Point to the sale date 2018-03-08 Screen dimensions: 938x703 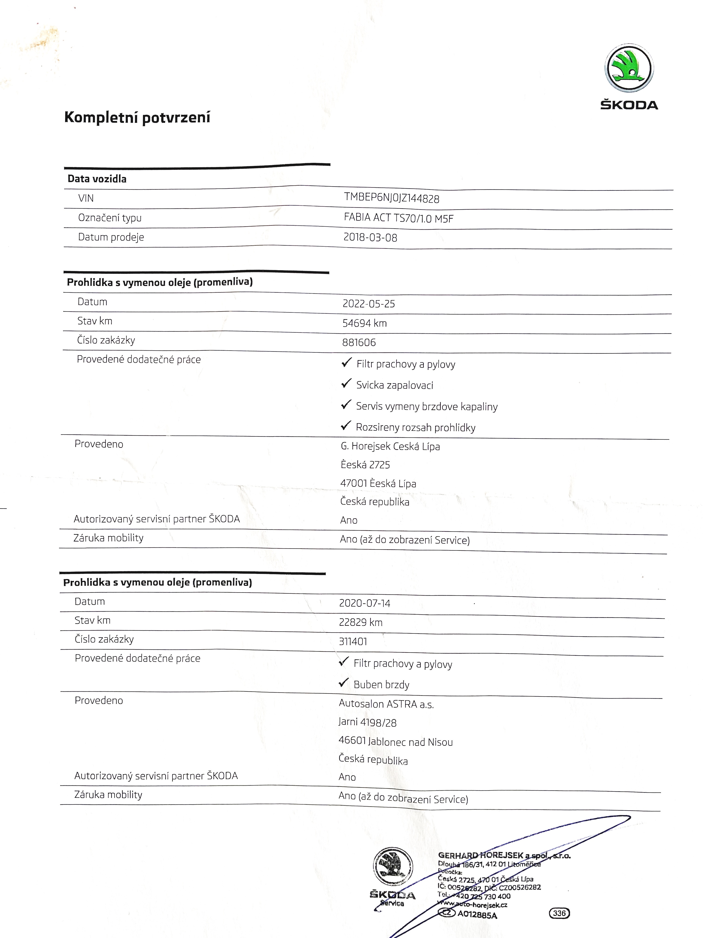pos(370,238)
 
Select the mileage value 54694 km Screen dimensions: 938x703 pos(365,323)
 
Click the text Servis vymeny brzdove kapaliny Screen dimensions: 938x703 pos(426,406)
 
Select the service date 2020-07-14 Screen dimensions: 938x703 pos(365,603)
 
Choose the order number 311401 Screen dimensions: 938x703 pos(353,641)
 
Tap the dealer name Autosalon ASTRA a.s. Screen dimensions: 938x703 pos(386,704)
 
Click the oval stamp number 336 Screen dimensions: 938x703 pos(559,913)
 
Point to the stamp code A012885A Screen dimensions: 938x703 pos(477,915)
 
